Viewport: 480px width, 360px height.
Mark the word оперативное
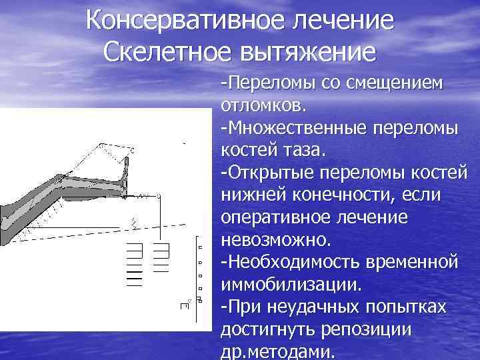(x=278, y=217)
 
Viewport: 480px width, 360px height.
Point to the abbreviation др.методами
(x=277, y=351)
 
